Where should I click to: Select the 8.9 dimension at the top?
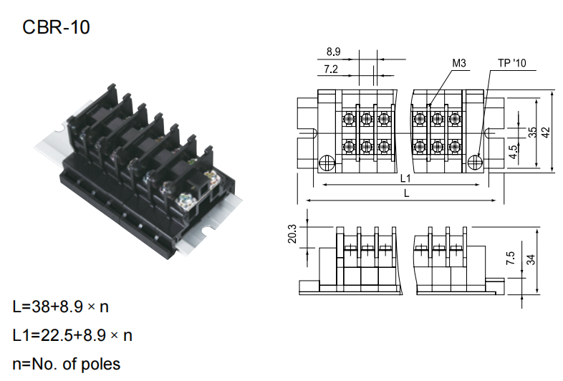(x=334, y=52)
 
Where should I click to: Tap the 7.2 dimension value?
(x=331, y=69)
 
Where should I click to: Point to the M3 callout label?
(x=459, y=64)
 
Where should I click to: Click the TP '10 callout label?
(x=512, y=64)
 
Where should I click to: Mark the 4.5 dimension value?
(x=514, y=152)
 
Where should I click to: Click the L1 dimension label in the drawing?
(x=405, y=178)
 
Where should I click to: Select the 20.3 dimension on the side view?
(x=292, y=233)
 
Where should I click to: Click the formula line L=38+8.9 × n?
(x=61, y=307)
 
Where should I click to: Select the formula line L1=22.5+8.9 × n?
(x=72, y=335)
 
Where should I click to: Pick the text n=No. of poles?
(x=67, y=363)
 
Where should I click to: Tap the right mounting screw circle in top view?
(x=474, y=163)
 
